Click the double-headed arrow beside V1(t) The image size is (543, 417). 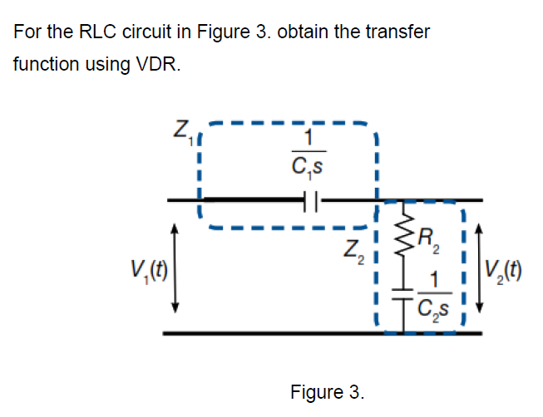tap(175, 267)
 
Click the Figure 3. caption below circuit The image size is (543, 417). tap(327, 390)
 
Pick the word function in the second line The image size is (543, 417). tap(42, 64)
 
